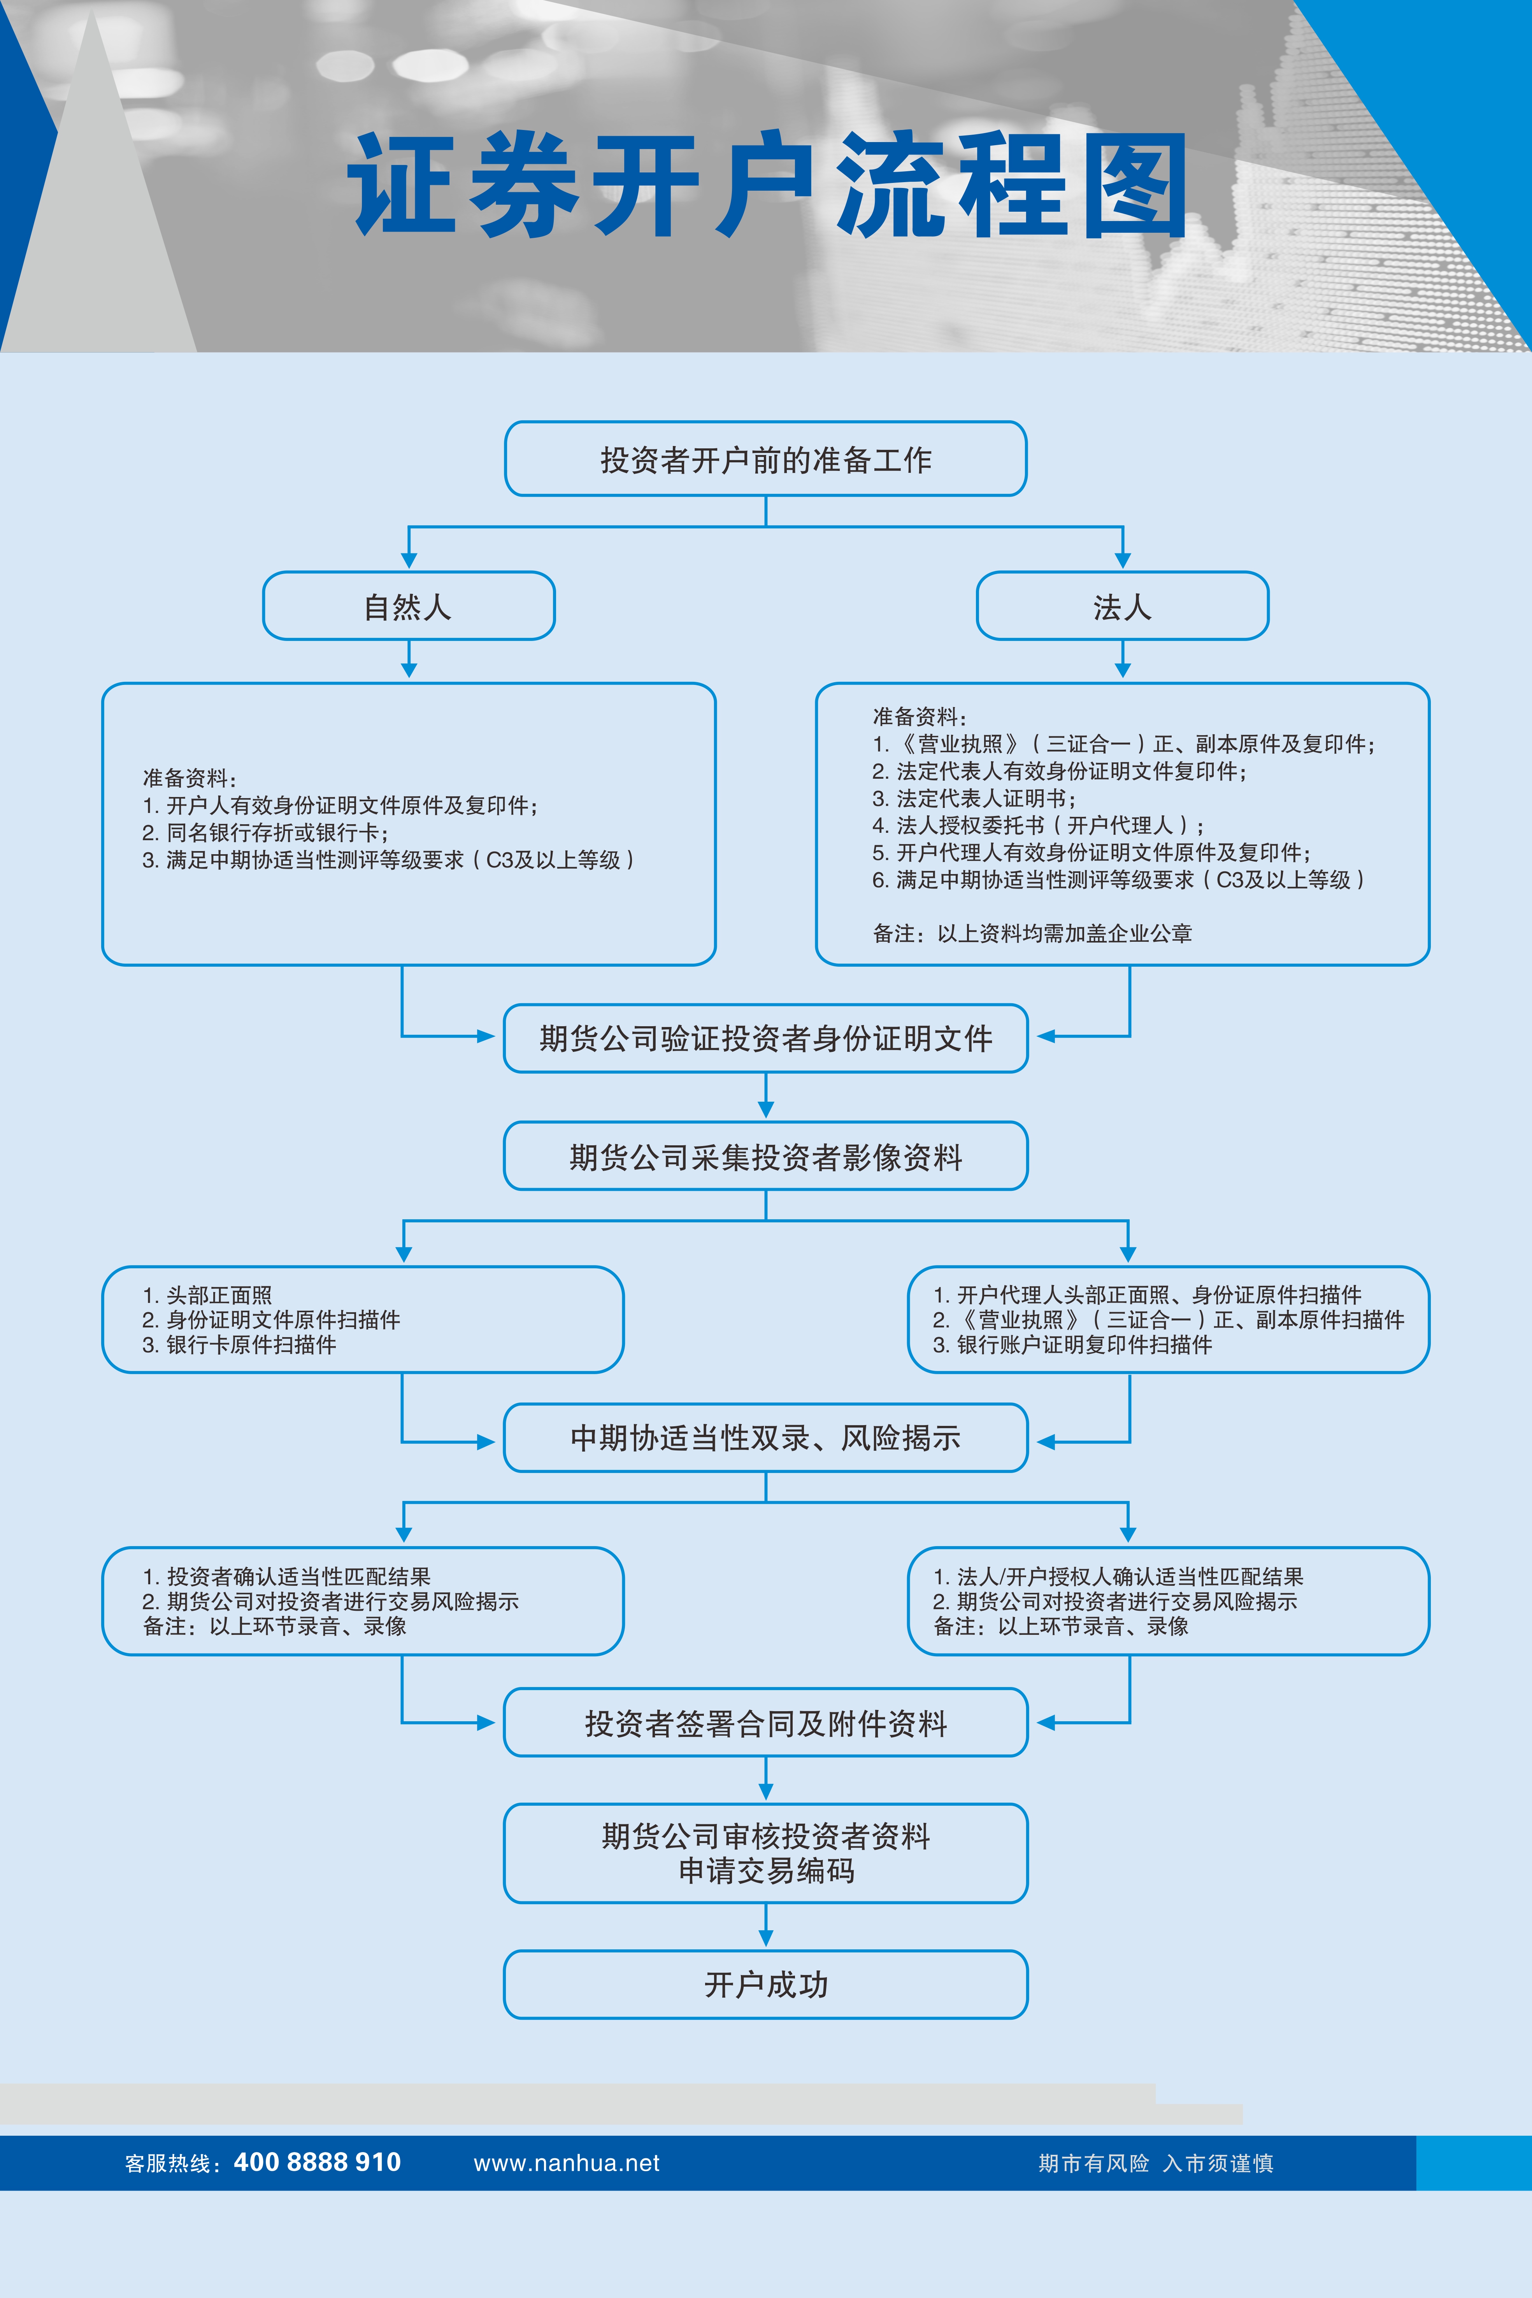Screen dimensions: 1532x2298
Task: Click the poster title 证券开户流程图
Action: (767, 186)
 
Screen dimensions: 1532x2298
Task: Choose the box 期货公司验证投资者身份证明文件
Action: (765, 1038)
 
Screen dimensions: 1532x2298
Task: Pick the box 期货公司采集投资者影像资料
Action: (765, 1156)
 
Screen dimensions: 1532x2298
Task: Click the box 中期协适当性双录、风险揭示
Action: (765, 1437)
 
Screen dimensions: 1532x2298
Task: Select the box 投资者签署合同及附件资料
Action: (765, 1722)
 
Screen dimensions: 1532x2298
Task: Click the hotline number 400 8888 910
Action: (318, 2162)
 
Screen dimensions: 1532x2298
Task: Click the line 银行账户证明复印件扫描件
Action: (1073, 1345)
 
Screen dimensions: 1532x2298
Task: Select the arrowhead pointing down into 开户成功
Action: (765, 1938)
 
